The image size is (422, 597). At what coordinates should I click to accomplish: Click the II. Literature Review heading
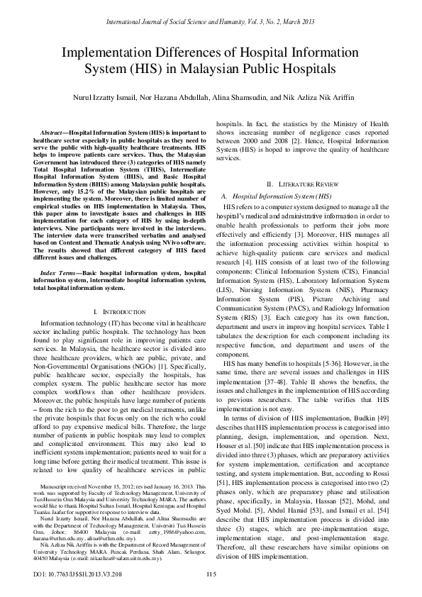(308, 184)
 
